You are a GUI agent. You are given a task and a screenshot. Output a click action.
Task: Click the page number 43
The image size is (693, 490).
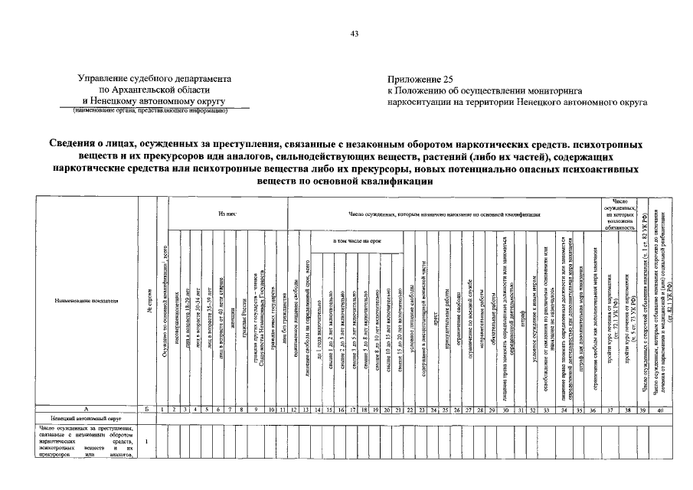click(x=354, y=33)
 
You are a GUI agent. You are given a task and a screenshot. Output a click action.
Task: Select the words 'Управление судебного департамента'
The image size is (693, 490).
click(x=154, y=79)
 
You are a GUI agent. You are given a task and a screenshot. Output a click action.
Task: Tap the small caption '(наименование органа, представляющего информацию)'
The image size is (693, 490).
click(x=150, y=110)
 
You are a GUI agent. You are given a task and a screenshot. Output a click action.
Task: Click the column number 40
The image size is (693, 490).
click(x=660, y=410)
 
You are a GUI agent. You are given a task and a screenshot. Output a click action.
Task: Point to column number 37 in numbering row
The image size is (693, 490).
click(x=610, y=410)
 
